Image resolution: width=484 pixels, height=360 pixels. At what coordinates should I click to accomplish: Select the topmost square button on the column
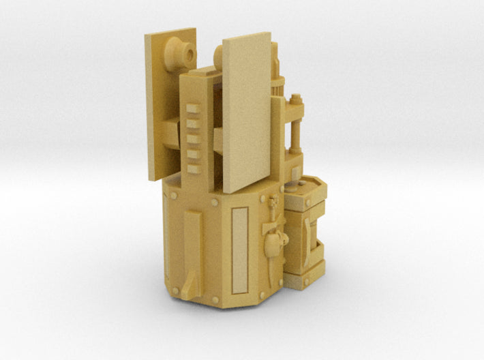[194, 109]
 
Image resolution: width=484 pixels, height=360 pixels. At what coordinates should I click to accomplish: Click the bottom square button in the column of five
[194, 168]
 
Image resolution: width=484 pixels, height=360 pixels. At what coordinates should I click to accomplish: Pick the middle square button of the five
[194, 139]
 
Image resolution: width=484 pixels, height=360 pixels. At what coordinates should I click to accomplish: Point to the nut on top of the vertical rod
[295, 100]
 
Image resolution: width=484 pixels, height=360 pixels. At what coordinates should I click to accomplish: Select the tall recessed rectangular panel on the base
[239, 250]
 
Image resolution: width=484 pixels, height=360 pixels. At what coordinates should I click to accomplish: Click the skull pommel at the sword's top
[274, 202]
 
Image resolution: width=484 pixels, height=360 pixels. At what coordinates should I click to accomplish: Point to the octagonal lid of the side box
[305, 187]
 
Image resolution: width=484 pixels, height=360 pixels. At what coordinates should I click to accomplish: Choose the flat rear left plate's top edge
[170, 31]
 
